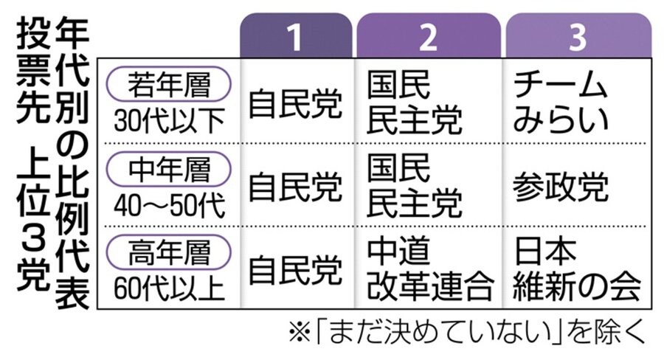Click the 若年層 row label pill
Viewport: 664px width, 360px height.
click(169, 85)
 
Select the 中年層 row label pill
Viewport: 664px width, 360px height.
click(169, 170)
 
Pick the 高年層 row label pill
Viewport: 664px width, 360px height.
click(169, 255)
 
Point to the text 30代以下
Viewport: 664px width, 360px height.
click(169, 120)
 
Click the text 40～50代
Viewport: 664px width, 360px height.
click(169, 205)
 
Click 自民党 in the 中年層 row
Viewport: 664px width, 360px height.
click(295, 187)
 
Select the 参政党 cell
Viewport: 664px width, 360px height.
click(561, 187)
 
